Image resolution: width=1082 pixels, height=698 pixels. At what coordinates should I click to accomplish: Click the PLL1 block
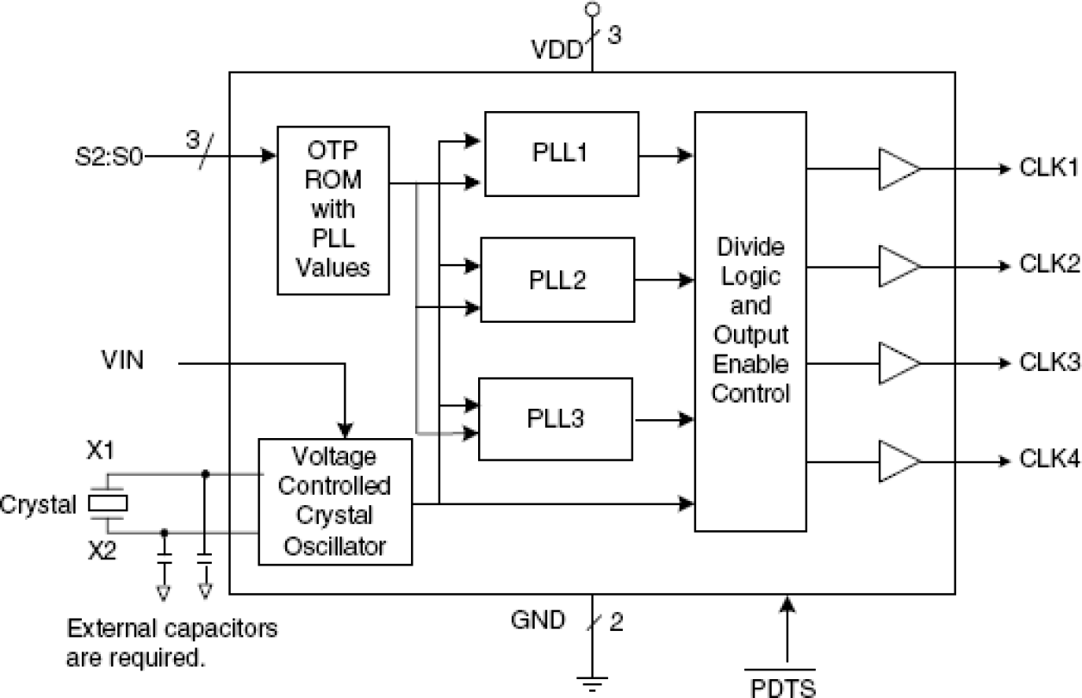(561, 154)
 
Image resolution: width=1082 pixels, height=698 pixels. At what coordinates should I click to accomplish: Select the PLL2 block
(557, 280)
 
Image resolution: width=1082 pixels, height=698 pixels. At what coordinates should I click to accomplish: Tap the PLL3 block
(556, 418)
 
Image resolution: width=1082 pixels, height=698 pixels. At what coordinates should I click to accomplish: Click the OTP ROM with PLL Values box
(333, 209)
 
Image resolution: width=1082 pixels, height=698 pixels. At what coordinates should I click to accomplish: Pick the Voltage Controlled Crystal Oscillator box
(335, 501)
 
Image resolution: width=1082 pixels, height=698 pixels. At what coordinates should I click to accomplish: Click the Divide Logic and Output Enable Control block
(749, 321)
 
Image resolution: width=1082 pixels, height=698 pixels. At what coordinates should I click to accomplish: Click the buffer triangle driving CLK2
(899, 265)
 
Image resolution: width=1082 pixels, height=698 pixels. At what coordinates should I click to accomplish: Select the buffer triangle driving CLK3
(899, 362)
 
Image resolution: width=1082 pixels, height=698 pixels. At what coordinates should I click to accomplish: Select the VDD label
(554, 49)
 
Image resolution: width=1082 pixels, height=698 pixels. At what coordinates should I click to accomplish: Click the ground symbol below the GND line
(591, 685)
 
